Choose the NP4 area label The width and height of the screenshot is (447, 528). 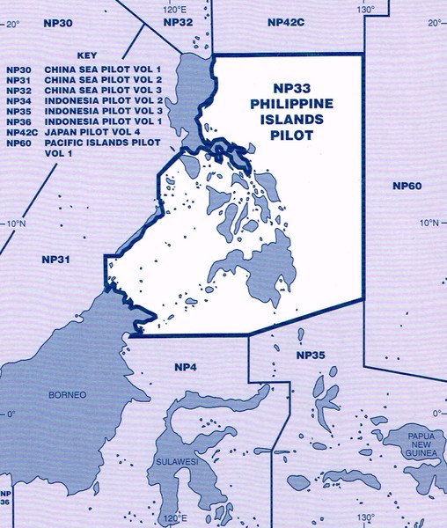coord(185,366)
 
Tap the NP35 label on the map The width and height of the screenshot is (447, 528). coord(311,356)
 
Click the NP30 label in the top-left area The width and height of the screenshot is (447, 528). coord(57,19)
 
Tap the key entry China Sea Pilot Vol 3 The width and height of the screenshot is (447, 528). coord(84,90)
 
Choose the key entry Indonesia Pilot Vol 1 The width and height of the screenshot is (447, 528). coord(84,121)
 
